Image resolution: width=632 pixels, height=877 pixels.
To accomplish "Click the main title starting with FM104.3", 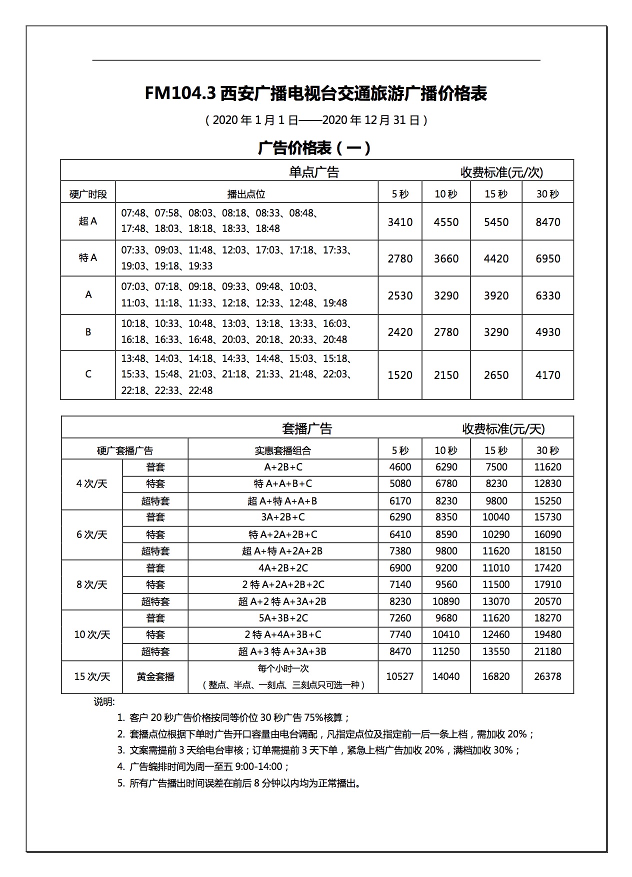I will (x=316, y=94).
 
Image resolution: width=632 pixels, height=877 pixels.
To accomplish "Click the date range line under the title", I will (x=316, y=120).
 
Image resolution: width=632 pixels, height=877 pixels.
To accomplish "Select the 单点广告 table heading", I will (x=314, y=172).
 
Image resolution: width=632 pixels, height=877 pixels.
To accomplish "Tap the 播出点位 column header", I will (x=246, y=194).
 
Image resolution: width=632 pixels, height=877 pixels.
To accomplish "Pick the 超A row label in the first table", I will (x=88, y=221).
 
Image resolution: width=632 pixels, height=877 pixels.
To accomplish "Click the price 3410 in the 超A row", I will (x=400, y=222).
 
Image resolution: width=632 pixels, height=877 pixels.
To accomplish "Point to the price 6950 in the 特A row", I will (x=547, y=258).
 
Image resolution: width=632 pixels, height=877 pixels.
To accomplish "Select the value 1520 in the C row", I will (x=400, y=375).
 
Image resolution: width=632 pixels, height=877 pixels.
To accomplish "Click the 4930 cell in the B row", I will (x=547, y=332).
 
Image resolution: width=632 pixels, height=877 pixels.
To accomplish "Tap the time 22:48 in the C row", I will (x=200, y=390).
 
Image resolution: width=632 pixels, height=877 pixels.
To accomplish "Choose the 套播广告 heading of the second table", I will (x=307, y=428).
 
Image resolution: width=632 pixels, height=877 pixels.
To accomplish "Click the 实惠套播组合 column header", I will (x=283, y=450).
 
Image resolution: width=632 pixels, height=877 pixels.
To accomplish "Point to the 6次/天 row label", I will (x=92, y=534).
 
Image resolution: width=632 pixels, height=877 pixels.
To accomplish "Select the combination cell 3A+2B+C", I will (x=283, y=517).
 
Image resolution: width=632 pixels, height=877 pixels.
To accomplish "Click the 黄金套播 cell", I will (x=155, y=676).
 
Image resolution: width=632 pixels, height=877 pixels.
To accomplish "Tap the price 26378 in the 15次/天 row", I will (x=547, y=676).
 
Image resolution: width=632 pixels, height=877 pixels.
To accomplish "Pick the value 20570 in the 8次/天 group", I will (x=547, y=601).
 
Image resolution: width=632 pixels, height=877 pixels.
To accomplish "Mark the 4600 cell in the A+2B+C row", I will (x=400, y=467).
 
